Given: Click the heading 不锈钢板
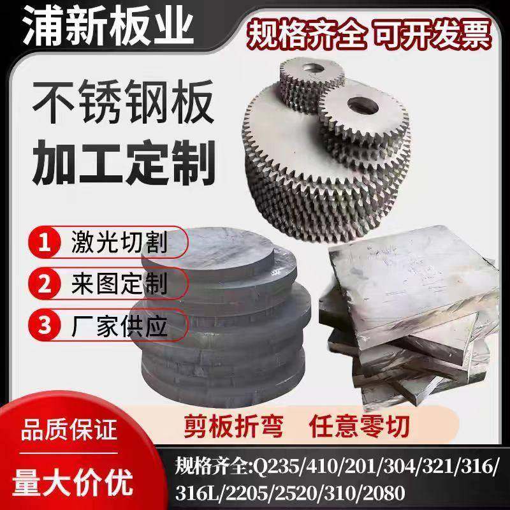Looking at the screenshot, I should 121,104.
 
